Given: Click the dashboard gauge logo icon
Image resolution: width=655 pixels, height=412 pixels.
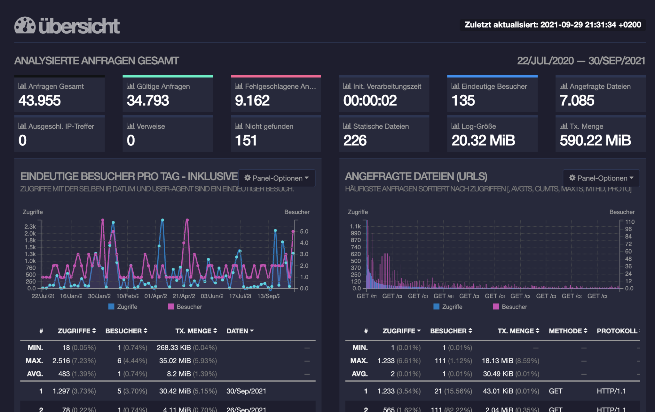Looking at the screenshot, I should pyautogui.click(x=25, y=25).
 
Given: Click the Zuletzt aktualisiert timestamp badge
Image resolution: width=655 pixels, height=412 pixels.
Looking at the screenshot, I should pyautogui.click(x=552, y=25).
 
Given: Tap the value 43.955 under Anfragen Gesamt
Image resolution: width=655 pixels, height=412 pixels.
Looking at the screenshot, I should pyautogui.click(x=40, y=101).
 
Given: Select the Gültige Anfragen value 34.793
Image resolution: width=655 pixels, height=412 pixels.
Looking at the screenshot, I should pyautogui.click(x=148, y=101).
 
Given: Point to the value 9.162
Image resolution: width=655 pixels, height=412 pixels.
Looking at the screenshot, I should pyautogui.click(x=252, y=101).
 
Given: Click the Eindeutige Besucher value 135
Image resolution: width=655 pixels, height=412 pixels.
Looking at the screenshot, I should pyautogui.click(x=463, y=101).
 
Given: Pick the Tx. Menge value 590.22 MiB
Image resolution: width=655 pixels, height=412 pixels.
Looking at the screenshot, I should pyautogui.click(x=595, y=141).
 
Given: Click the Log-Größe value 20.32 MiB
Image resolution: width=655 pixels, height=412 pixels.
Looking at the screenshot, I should pyautogui.click(x=483, y=141).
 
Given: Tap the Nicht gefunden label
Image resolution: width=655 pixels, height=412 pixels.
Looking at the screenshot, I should pyautogui.click(x=269, y=126).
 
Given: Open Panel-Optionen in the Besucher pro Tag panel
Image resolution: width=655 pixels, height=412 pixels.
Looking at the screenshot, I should pyautogui.click(x=277, y=178).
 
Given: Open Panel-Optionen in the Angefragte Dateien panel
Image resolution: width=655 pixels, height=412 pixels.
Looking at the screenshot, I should pyautogui.click(x=602, y=178).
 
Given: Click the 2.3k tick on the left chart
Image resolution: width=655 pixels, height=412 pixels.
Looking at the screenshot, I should pyautogui.click(x=30, y=227).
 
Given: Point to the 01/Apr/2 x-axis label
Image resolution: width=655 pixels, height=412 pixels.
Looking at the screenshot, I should pyautogui.click(x=155, y=296).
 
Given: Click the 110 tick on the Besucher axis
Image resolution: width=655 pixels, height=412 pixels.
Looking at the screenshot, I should pyautogui.click(x=630, y=222).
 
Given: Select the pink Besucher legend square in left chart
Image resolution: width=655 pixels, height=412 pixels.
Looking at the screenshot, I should pyautogui.click(x=171, y=307).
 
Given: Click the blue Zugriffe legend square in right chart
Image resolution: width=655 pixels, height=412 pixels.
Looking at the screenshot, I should pyautogui.click(x=436, y=307).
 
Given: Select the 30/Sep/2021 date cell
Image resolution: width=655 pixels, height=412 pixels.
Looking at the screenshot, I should pyautogui.click(x=246, y=391).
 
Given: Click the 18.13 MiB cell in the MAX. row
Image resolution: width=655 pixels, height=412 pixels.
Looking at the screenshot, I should pyautogui.click(x=497, y=361).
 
